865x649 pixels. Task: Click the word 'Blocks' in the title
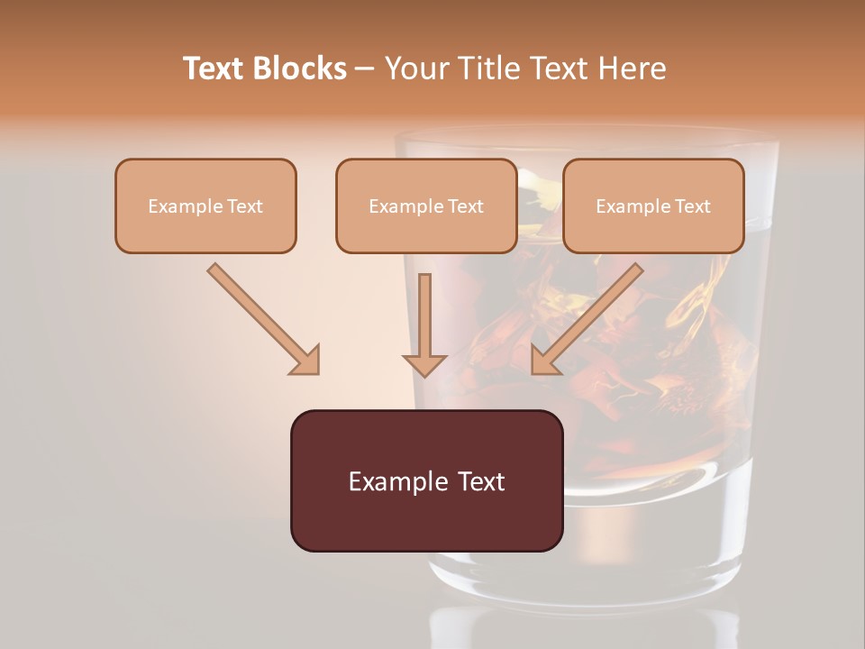tap(299, 68)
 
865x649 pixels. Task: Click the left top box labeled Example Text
tap(205, 206)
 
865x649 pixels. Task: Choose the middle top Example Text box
tap(426, 206)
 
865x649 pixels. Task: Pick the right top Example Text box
tap(653, 206)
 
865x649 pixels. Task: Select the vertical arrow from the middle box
tap(424, 320)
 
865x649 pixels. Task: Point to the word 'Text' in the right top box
tap(693, 206)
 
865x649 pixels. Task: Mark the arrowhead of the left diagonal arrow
tap(306, 361)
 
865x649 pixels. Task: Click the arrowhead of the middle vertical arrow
tap(424, 363)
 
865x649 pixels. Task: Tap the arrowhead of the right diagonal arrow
tap(544, 361)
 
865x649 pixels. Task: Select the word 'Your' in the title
tap(414, 68)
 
